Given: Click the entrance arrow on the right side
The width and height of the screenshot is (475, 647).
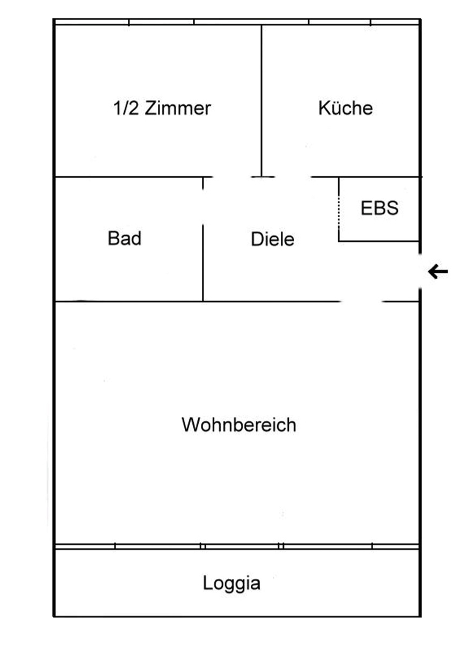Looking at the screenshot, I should coord(438,271).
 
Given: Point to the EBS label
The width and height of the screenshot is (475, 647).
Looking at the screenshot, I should coord(379,208).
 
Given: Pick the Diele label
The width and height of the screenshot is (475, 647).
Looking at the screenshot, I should coord(272,239).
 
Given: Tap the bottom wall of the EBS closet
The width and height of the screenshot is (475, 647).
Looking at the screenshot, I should coord(378,241).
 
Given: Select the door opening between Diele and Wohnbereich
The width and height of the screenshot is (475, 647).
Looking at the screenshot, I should coord(361,301).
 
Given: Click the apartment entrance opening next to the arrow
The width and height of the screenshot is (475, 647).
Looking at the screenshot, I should coord(420,271).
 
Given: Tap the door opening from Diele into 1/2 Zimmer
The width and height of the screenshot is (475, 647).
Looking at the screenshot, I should coord(232,177).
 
